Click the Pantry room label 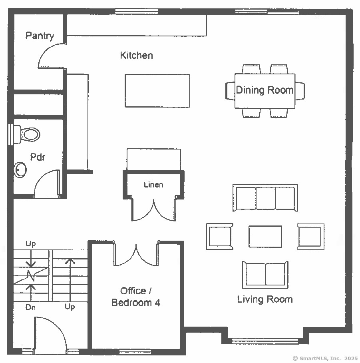point(40,36)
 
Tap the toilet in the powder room point(27,134)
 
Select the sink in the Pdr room point(20,170)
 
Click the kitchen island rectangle point(157,91)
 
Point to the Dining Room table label point(265,90)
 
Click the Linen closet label point(153,185)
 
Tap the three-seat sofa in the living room point(265,198)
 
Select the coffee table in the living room point(265,237)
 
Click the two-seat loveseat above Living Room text point(265,275)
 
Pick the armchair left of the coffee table point(220,236)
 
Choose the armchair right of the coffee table point(310,236)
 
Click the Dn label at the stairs point(30,307)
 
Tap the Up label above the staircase point(30,244)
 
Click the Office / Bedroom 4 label point(136,297)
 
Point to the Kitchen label point(137,56)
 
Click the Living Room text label point(265,299)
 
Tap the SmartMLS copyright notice point(325,358)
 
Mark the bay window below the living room point(265,341)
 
